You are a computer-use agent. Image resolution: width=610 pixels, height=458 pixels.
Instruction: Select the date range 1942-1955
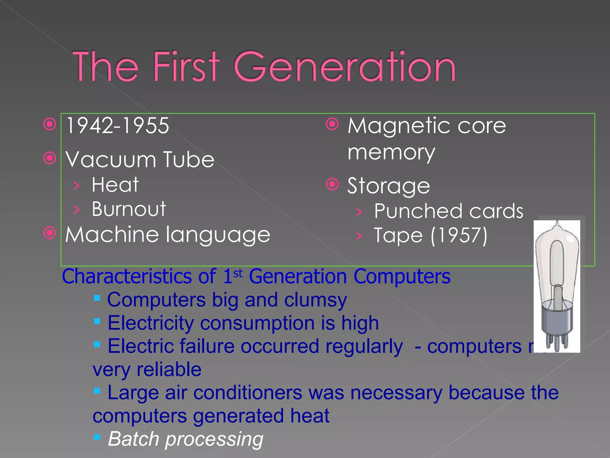tap(118, 126)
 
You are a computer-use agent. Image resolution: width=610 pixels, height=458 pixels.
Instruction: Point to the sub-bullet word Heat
tap(115, 185)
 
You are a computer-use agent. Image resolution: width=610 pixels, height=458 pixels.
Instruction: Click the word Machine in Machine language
tap(112, 234)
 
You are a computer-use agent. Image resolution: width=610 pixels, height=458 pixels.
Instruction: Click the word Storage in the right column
tap(389, 186)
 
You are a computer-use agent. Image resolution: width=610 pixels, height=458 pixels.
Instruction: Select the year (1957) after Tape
tap(459, 236)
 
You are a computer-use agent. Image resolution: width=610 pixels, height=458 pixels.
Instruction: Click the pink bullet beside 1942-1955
tap(50, 124)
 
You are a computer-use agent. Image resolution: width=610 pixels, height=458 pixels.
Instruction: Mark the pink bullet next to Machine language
tap(50, 233)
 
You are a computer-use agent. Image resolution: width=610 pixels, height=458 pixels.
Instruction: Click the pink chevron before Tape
tap(360, 236)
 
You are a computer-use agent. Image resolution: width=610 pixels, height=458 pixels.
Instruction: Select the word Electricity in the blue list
tap(151, 323)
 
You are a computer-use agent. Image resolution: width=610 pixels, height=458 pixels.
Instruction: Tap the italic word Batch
tap(134, 439)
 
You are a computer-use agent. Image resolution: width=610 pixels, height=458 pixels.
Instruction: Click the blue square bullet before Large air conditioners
tap(97, 391)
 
